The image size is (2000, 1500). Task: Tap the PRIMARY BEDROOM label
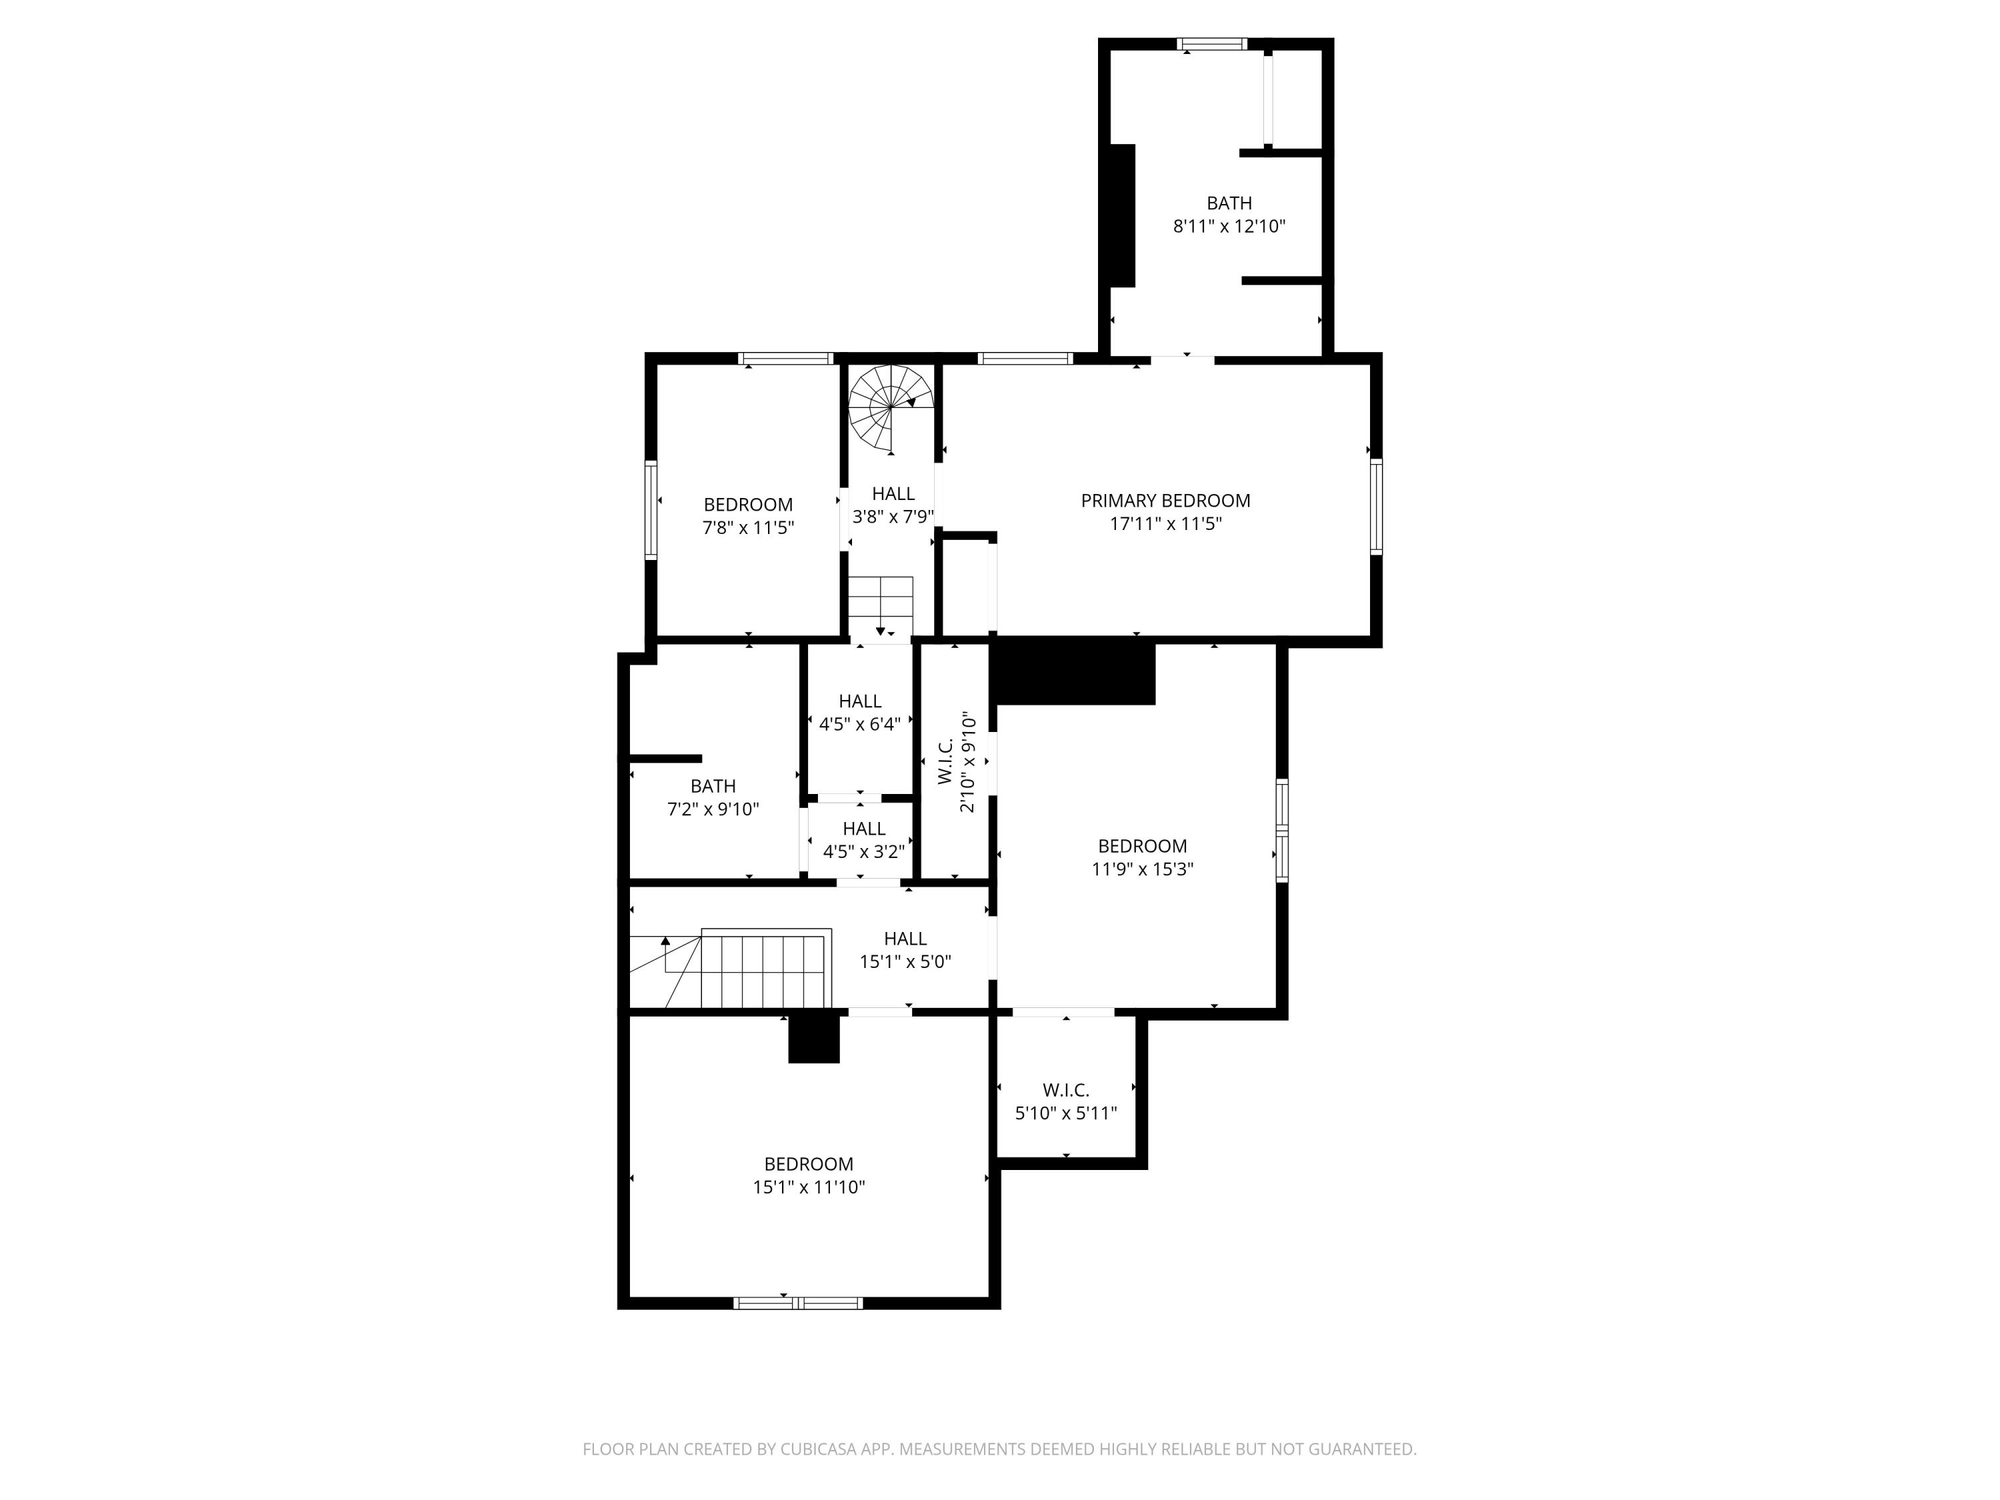(1165, 500)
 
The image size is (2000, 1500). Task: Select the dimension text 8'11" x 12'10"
(1229, 226)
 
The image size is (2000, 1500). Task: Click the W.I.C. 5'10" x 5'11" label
(1066, 1101)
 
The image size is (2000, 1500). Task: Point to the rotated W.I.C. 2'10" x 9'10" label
(957, 762)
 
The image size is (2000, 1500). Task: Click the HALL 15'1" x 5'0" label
(905, 950)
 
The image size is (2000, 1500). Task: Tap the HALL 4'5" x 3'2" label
(863, 840)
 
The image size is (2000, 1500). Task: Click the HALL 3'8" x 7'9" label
(893, 505)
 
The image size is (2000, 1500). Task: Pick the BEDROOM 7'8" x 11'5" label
(748, 515)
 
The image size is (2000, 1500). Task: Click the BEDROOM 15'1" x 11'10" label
(808, 1175)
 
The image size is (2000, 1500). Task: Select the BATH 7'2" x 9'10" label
(713, 797)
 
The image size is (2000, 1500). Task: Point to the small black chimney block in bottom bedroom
(814, 1038)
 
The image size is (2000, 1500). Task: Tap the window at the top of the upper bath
(1211, 43)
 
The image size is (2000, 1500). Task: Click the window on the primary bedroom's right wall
(1375, 506)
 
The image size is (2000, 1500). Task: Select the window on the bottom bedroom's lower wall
(797, 1303)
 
